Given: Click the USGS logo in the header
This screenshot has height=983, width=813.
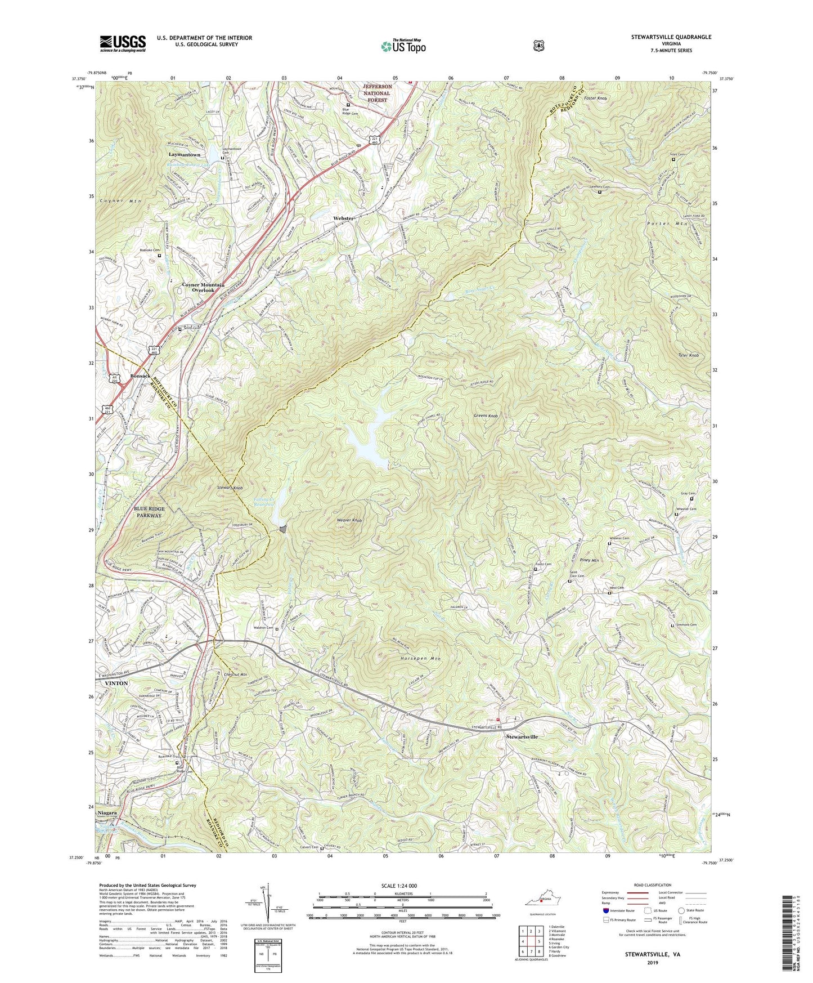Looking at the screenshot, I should pyautogui.click(x=123, y=43).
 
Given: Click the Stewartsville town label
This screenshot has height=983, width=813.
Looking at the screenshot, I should pyautogui.click(x=522, y=736).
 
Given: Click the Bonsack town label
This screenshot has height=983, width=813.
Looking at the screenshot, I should pyautogui.click(x=140, y=376).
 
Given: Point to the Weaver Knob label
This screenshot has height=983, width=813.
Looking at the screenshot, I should pyautogui.click(x=349, y=520).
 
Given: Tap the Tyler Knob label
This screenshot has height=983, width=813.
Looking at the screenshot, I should pyautogui.click(x=688, y=355).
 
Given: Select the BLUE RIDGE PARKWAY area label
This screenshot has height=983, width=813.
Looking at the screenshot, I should pyautogui.click(x=149, y=512).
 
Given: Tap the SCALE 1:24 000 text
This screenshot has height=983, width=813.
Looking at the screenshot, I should pyautogui.click(x=401, y=886).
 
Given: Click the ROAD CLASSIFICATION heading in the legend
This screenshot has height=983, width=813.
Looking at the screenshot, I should pyautogui.click(x=653, y=885).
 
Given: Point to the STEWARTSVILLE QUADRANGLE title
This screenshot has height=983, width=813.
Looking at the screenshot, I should pyautogui.click(x=671, y=37).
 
